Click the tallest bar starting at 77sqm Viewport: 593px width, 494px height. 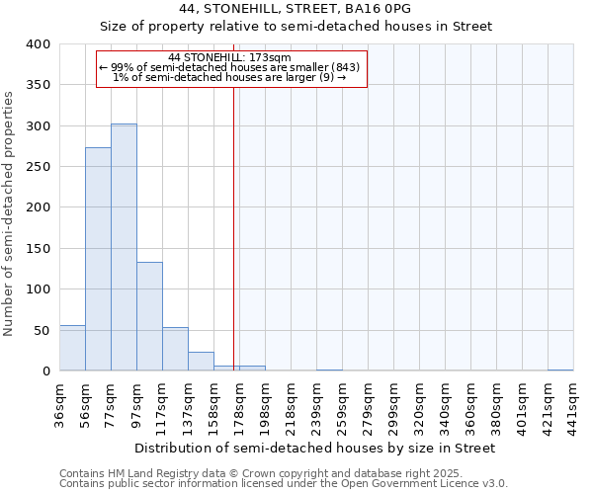pos(124,247)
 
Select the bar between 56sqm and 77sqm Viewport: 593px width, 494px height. pos(98,259)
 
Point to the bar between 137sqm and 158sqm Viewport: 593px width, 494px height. pos(201,362)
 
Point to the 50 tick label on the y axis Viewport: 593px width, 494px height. pos(42,330)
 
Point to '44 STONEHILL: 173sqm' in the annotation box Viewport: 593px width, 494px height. pos(229,57)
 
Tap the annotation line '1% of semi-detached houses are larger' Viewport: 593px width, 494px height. pos(229,77)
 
